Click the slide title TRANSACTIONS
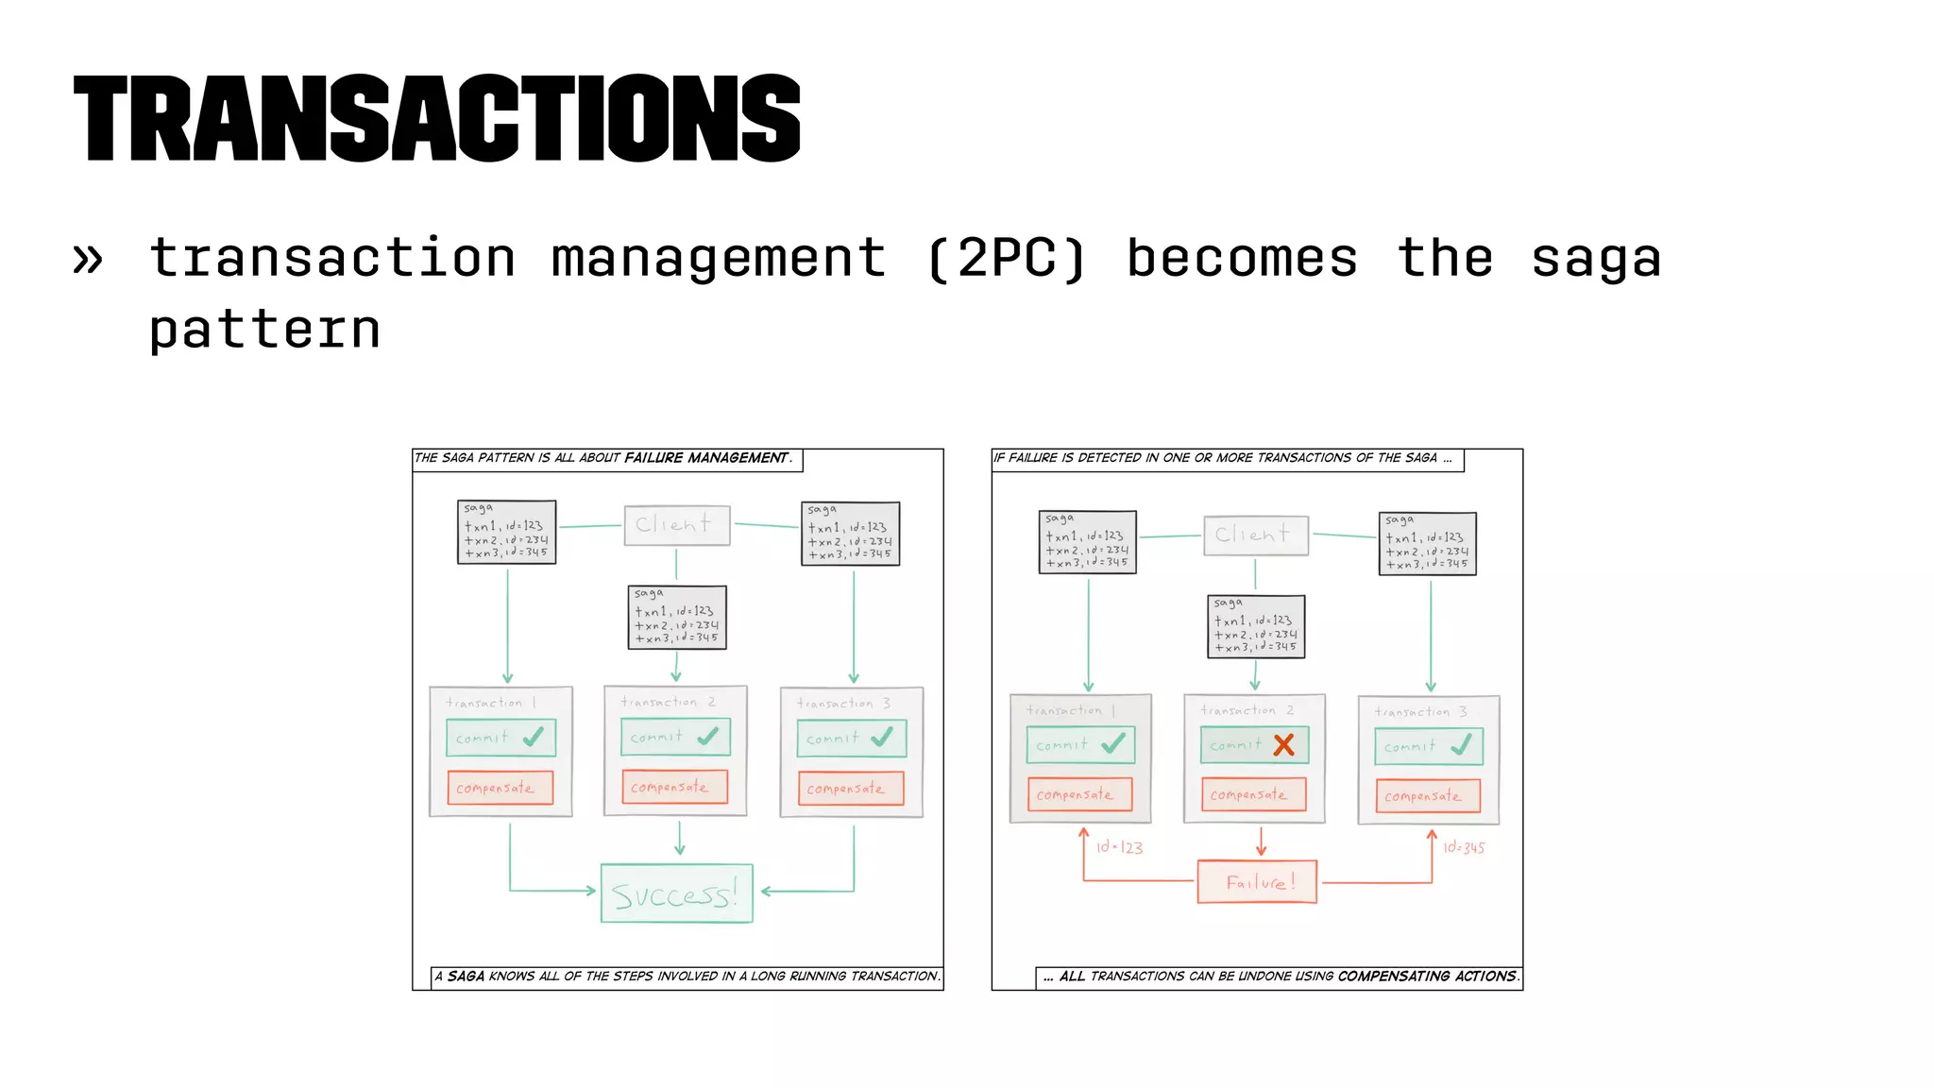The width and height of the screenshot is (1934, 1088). [436, 119]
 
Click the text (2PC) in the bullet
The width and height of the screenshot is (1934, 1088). [1007, 259]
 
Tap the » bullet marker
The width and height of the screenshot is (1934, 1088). [88, 259]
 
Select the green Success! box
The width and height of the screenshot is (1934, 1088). [676, 893]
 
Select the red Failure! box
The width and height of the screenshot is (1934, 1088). [1257, 882]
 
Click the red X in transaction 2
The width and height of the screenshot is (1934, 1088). [1283, 745]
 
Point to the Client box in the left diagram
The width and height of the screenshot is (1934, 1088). [676, 525]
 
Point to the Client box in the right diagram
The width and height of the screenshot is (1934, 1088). [1255, 535]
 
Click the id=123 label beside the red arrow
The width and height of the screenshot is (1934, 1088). [1119, 847]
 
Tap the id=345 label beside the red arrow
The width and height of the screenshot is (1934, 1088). [1464, 847]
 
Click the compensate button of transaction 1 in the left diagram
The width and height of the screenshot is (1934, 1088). [500, 788]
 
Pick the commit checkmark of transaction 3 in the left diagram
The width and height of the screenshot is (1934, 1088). [882, 738]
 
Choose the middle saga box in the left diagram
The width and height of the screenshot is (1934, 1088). [677, 618]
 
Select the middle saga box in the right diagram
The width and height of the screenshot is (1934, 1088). [1256, 626]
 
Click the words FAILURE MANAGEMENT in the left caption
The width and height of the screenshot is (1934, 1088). [706, 458]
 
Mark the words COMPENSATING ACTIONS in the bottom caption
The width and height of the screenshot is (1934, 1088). [1427, 977]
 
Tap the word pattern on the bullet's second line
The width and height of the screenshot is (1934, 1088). [264, 330]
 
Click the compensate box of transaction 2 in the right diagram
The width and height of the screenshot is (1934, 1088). [1253, 794]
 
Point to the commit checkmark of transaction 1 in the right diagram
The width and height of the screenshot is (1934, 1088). [1113, 744]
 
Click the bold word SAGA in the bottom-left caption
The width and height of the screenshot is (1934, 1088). [466, 977]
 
